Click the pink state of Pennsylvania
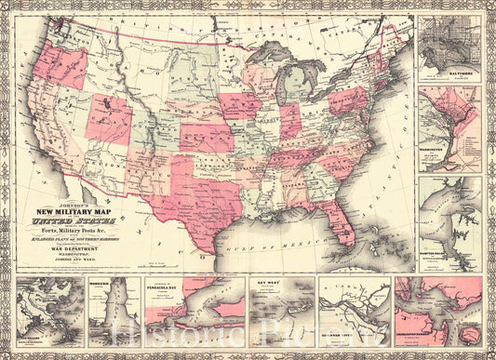[x=349, y=101]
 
